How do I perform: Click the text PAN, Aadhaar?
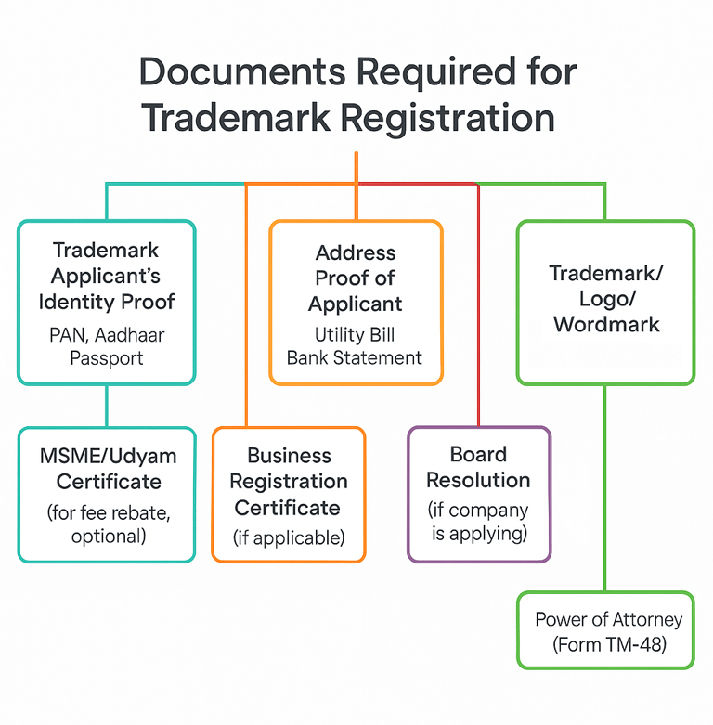(106, 334)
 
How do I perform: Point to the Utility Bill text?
(356, 335)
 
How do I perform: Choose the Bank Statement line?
(355, 357)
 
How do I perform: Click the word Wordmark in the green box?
(606, 324)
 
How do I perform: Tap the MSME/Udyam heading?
(108, 456)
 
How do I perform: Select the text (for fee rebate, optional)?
(108, 523)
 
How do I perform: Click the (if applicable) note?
(288, 537)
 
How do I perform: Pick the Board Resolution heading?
(478, 467)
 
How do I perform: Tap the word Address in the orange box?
(356, 252)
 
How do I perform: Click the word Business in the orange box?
(289, 456)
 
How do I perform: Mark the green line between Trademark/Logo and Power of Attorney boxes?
(605, 488)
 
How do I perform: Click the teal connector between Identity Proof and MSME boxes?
(108, 406)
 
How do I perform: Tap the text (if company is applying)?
(478, 521)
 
